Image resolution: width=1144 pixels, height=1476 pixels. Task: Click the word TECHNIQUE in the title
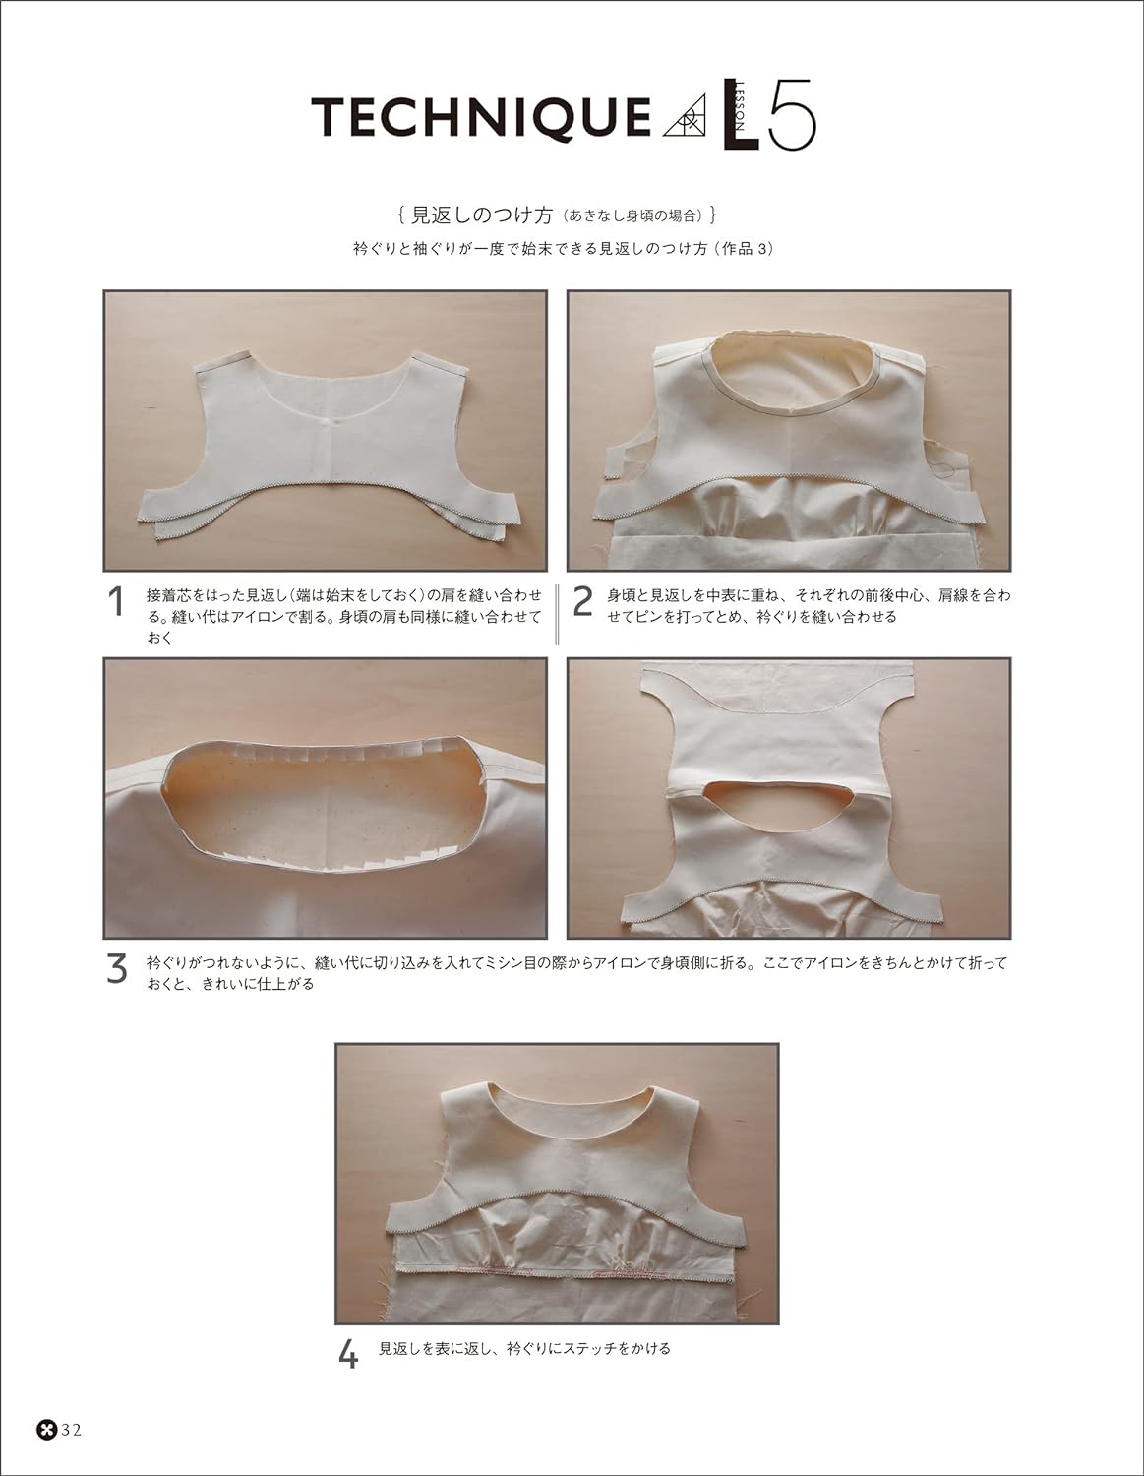(x=480, y=121)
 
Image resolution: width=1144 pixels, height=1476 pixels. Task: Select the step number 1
(x=116, y=603)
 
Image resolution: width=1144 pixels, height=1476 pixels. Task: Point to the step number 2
(x=582, y=603)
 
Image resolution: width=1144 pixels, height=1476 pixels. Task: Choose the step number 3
(x=116, y=970)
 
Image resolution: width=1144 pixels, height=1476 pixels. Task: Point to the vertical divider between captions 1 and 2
(x=558, y=612)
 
